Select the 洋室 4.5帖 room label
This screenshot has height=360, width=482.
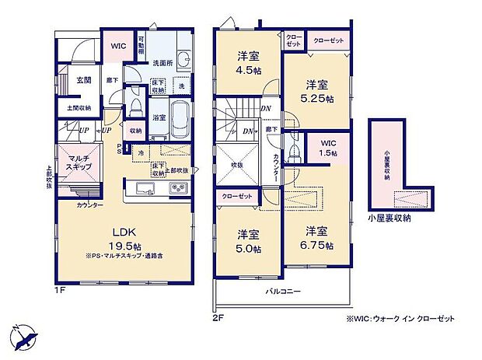(x=249, y=63)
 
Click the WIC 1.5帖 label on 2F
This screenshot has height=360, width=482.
(x=327, y=148)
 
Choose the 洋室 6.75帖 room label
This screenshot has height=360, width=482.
(x=318, y=238)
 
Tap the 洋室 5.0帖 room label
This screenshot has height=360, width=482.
(x=249, y=241)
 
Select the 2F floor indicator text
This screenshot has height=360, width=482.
(x=219, y=316)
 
